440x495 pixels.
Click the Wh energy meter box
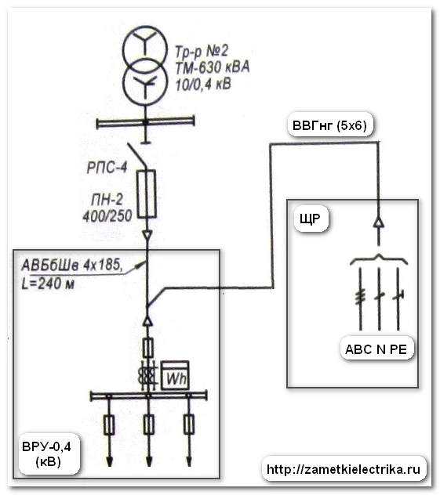click(x=175, y=376)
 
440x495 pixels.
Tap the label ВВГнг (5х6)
click(x=329, y=125)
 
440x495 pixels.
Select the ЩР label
click(x=310, y=219)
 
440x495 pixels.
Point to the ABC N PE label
click(x=376, y=349)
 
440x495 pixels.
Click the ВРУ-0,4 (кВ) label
click(x=47, y=454)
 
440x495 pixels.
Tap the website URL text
click(x=344, y=469)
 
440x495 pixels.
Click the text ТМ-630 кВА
click(x=213, y=67)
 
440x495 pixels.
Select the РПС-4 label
click(x=107, y=168)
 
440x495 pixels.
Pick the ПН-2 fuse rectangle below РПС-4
click(x=147, y=193)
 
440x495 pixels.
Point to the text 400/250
click(x=107, y=216)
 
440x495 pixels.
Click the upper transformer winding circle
click(x=145, y=47)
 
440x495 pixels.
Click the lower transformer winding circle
click(x=145, y=82)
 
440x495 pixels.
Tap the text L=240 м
click(x=48, y=284)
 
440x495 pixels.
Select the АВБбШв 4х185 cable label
click(x=72, y=265)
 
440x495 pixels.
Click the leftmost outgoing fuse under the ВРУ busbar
click(x=109, y=425)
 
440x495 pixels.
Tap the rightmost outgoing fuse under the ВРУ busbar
click(x=189, y=425)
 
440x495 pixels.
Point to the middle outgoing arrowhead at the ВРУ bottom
click(x=148, y=461)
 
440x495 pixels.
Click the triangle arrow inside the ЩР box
click(x=379, y=222)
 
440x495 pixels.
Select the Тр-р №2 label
click(x=202, y=51)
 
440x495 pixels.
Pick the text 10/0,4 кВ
click(x=203, y=85)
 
